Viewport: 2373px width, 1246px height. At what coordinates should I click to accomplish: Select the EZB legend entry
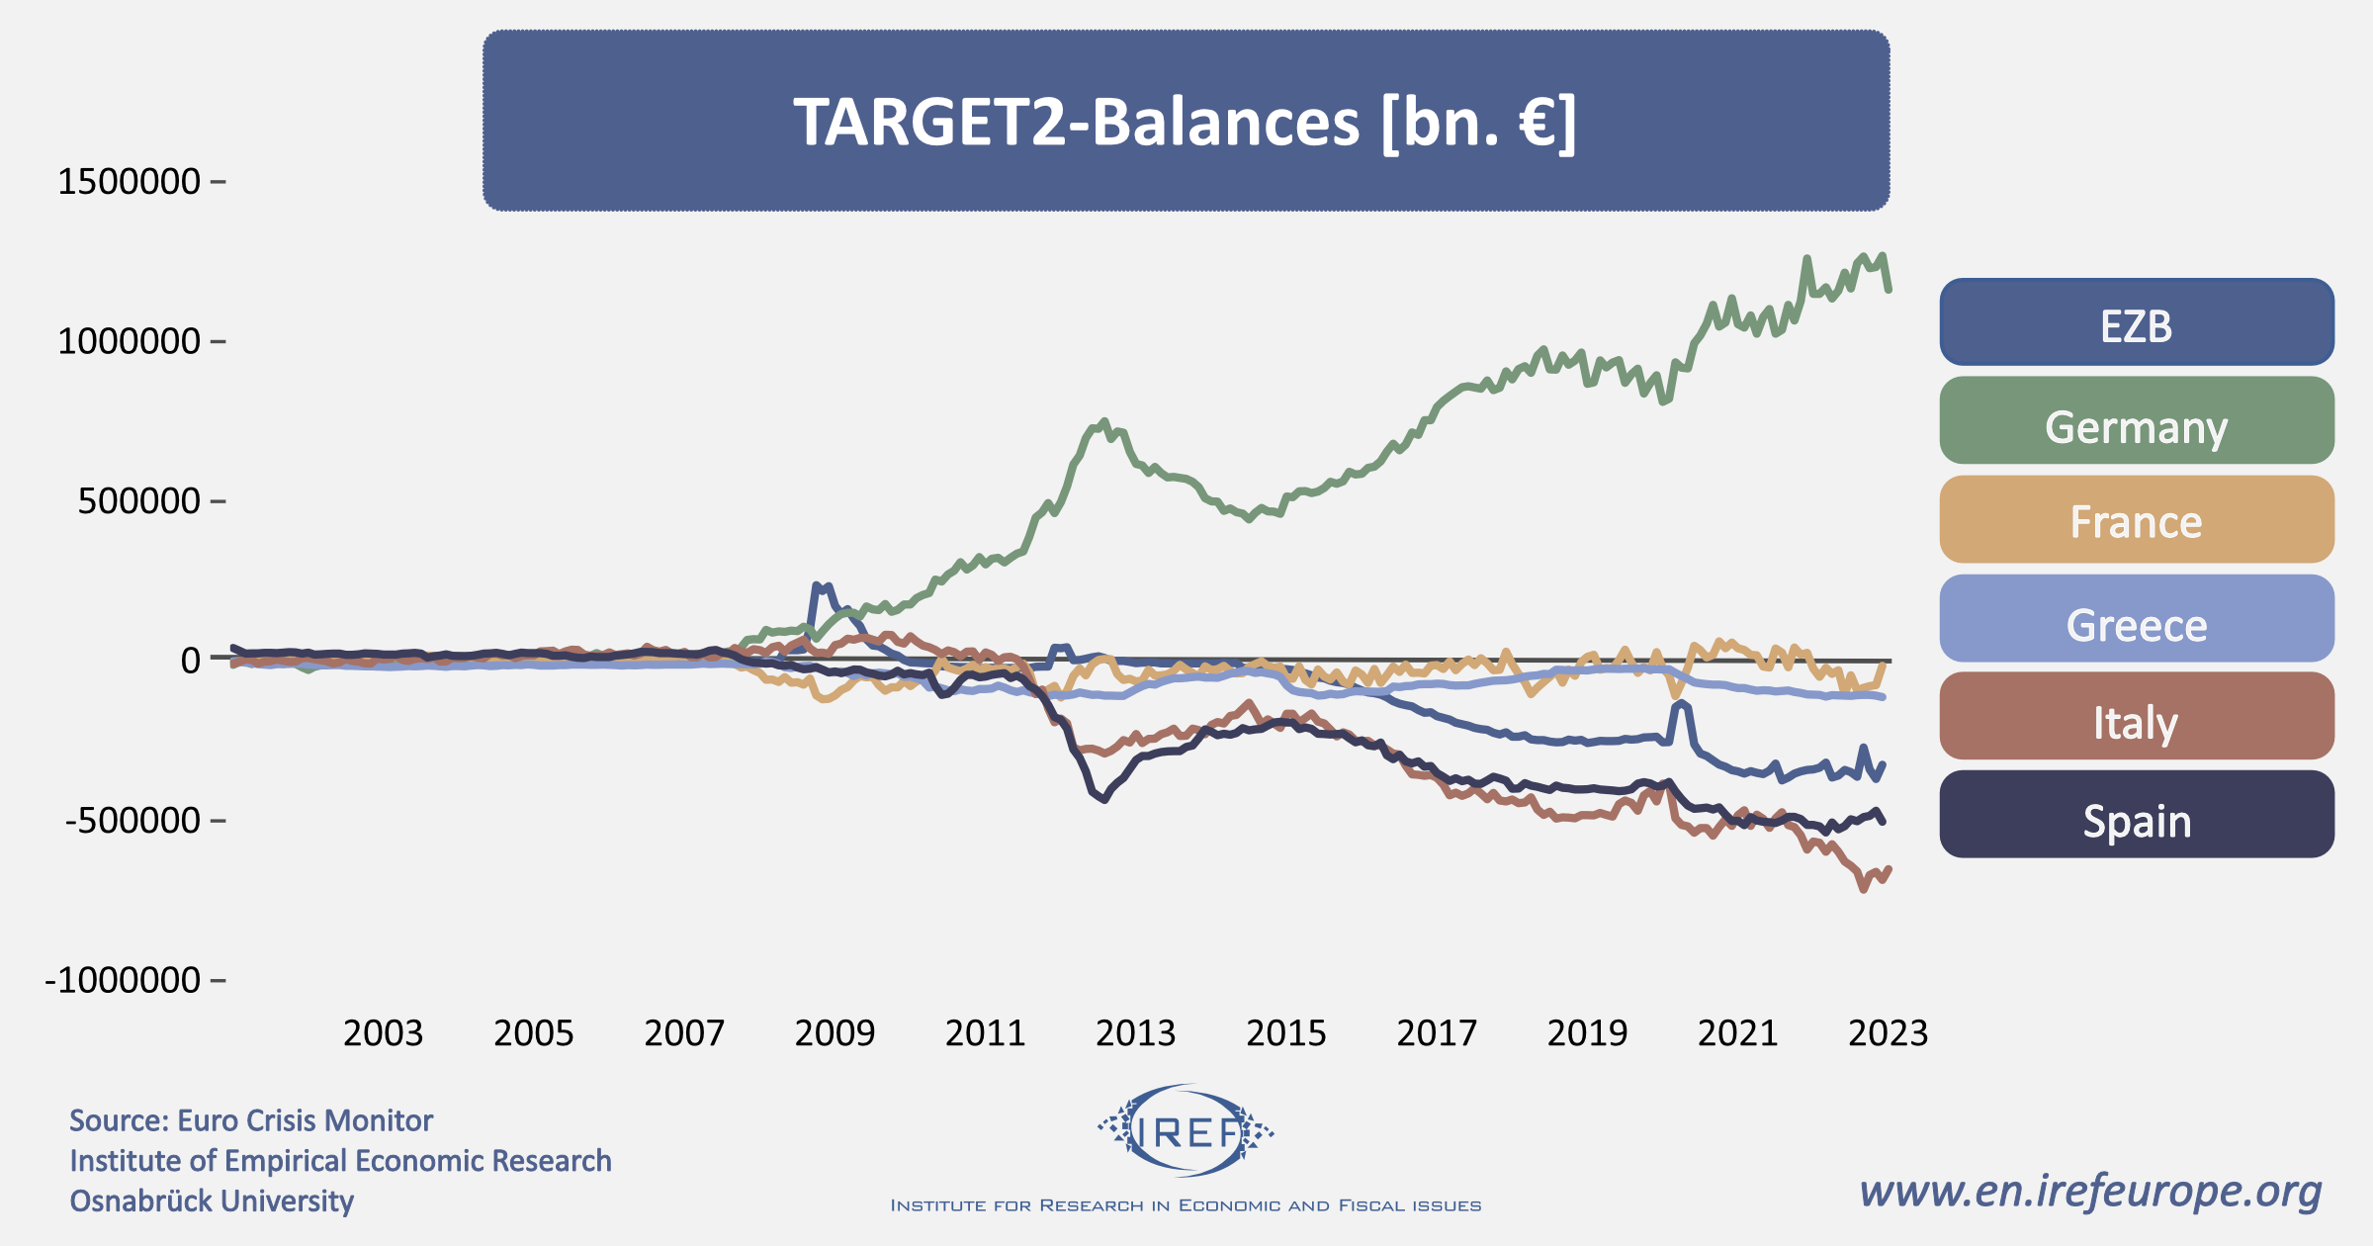point(2136,323)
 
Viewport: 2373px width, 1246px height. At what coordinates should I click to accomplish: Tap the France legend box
point(2136,520)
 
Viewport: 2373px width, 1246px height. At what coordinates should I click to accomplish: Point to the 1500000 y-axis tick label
point(130,182)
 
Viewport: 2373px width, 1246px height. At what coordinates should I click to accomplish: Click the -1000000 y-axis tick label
point(124,980)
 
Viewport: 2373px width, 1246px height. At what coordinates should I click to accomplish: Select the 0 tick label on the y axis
point(190,660)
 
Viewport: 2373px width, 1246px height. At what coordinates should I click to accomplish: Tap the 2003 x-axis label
point(383,1033)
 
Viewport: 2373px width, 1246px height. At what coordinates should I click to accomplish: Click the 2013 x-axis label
point(1135,1033)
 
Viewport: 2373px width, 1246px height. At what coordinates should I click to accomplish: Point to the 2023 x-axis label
point(1888,1033)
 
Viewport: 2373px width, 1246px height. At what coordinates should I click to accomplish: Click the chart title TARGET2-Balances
point(1185,122)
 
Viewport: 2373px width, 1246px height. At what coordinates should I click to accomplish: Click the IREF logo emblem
point(1186,1131)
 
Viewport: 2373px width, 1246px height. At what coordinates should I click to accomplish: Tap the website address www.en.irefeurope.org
point(2090,1191)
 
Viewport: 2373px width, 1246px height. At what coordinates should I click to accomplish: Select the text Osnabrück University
point(212,1201)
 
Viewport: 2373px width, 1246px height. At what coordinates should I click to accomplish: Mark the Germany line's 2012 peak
point(1104,421)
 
